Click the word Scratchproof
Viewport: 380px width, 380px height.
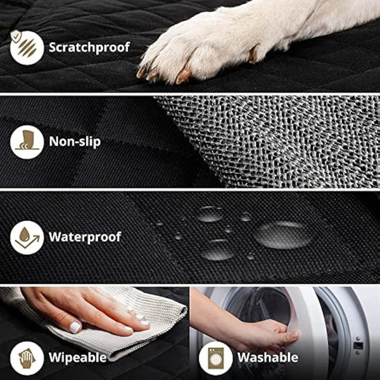tap(89, 47)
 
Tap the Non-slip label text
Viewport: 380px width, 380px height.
tap(74, 142)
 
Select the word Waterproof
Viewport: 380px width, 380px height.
tap(85, 237)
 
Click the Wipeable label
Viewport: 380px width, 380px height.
tap(78, 357)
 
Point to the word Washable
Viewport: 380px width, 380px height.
tap(268, 357)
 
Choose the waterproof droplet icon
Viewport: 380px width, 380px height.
tap(27, 237)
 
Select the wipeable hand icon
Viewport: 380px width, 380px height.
tap(27, 357)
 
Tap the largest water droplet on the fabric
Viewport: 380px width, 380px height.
tap(283, 234)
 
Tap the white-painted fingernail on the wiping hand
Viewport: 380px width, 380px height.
tap(75, 327)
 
